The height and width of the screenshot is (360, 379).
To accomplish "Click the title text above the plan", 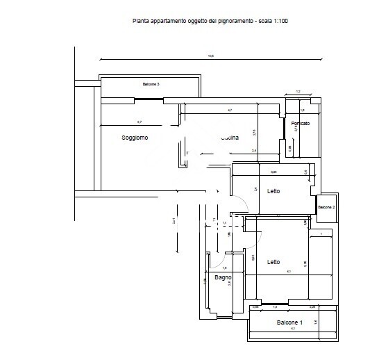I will point(210,22).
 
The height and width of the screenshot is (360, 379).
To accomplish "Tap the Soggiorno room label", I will point(135,138).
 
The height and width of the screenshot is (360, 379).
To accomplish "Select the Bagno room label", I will point(223,278).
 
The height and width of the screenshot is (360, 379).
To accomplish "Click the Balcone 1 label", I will point(289,323).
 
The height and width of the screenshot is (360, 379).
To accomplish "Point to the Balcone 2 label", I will point(326,208).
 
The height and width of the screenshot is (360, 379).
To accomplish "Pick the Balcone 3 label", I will point(151,85).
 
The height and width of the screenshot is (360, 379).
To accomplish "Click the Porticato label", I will point(301,124).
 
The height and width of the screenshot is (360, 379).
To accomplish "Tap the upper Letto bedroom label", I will point(273,191).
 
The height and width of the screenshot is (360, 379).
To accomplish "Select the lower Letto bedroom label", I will point(273,262).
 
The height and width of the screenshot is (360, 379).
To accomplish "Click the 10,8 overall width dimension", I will point(211,56).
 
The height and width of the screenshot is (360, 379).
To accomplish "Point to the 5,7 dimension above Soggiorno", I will point(139,122).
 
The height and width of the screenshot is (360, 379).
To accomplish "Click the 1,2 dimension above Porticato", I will point(298,91).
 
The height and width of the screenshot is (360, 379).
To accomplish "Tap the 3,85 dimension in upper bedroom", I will point(273,172).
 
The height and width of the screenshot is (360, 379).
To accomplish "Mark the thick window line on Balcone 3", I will point(149,101).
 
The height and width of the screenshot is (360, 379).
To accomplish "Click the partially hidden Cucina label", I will point(230,138).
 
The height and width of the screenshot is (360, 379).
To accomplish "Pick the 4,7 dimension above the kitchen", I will point(230,111).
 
